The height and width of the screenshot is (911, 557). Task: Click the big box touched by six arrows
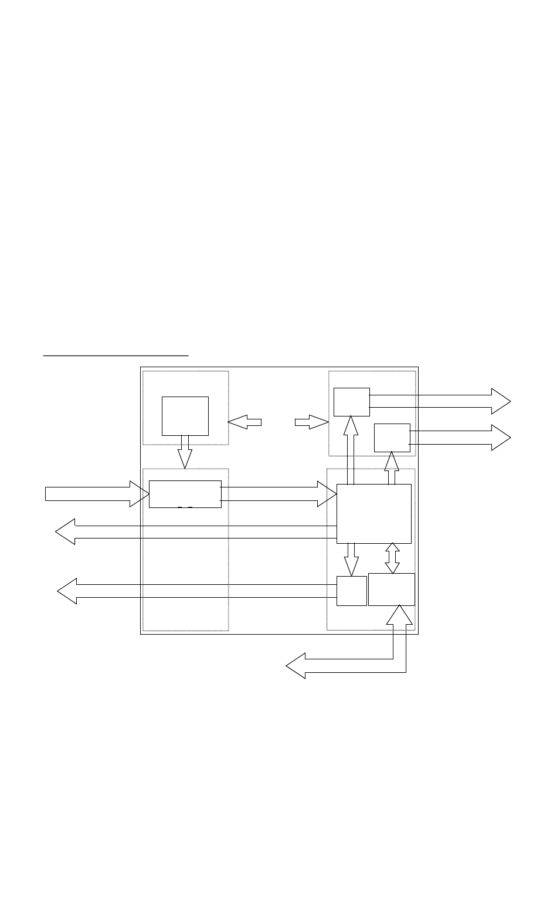click(373, 513)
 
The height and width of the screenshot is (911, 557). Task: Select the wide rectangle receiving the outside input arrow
click(185, 494)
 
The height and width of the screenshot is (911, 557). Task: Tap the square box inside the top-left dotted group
click(185, 415)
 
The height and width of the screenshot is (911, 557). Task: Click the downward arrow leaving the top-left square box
click(185, 452)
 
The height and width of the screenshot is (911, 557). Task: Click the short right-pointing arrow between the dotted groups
click(311, 421)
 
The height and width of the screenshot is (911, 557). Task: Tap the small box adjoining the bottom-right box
click(351, 591)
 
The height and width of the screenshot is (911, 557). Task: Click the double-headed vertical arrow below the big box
click(392, 558)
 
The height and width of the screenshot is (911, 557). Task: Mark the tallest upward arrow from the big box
click(351, 449)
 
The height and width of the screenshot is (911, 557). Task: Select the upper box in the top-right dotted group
click(351, 402)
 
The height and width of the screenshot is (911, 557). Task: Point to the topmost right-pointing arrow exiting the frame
click(440, 401)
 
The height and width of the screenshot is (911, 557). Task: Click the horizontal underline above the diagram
click(116, 355)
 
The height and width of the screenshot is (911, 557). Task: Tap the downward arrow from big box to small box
click(351, 559)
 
